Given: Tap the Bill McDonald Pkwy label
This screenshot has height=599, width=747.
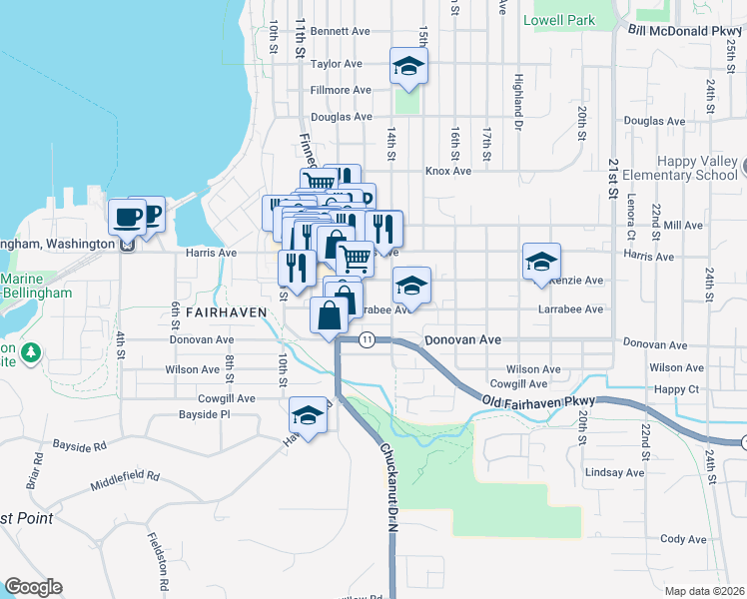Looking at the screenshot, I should pos(687,31).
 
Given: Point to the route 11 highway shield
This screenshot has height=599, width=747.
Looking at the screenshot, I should pos(368,340).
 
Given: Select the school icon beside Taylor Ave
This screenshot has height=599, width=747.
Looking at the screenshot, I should pos(407,67).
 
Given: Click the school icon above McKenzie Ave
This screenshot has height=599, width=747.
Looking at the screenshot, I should pos(540,262).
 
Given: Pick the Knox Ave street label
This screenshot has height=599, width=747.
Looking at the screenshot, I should pos(448,171).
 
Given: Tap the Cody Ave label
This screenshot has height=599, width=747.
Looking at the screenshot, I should pos(683,539).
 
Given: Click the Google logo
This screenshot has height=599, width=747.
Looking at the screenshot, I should pos(33,587).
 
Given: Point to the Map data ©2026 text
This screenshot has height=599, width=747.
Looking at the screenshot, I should pos(704,591).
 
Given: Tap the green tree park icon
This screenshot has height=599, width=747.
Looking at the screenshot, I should pos(31,351).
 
